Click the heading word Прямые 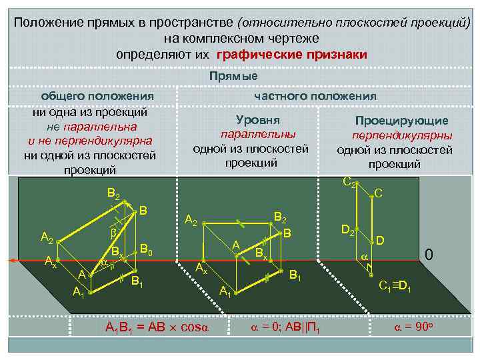(x=233, y=76)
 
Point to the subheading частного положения (x=315, y=96)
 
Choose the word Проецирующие (x=401, y=121)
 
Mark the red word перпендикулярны (x=402, y=135)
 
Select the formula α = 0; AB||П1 (x=285, y=327)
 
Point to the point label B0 (x=147, y=249)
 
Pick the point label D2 (x=348, y=230)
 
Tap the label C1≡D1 (x=395, y=287)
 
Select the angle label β (x=113, y=235)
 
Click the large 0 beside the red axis (x=430, y=255)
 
